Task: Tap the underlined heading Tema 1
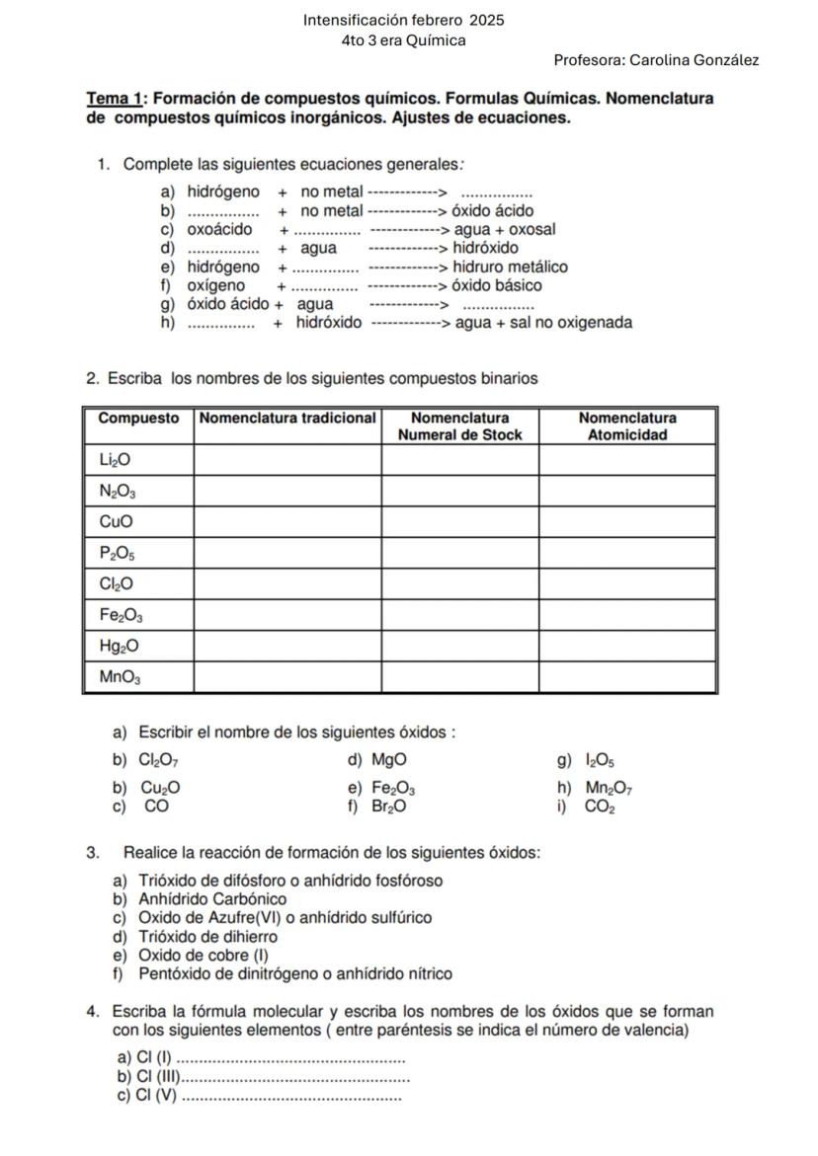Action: point(116,100)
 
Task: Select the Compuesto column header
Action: point(138,418)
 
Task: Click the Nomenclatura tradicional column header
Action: point(287,418)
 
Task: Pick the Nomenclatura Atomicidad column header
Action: point(627,425)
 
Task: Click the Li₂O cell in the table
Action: point(115,459)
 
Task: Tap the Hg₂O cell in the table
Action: point(119,647)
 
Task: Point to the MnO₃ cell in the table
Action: point(120,677)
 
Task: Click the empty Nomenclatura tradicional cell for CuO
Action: point(287,521)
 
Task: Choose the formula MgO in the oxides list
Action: point(388,759)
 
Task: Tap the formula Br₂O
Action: point(388,806)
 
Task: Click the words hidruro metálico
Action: point(510,267)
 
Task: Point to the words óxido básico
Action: point(497,285)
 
